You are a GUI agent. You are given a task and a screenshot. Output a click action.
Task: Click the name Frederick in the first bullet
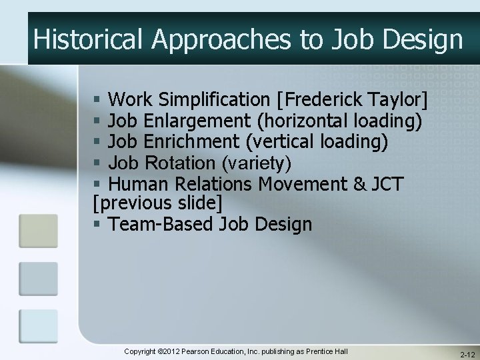[319, 100]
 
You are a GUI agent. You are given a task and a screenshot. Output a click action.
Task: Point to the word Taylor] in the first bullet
[397, 100]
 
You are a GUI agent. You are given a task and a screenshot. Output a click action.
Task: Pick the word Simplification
[214, 100]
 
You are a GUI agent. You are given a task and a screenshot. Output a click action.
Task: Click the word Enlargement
[198, 121]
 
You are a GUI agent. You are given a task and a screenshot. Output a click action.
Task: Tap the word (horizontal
[300, 121]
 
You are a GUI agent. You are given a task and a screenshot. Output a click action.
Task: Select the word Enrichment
[191, 142]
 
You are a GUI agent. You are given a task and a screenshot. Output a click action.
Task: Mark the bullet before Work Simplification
[97, 101]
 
